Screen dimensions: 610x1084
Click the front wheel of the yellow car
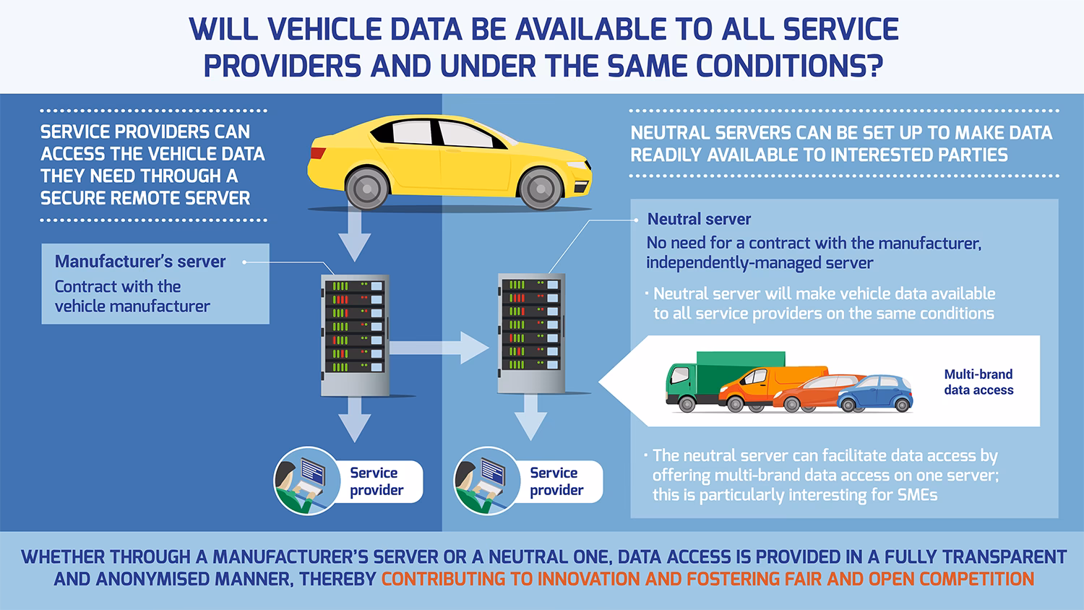point(541,188)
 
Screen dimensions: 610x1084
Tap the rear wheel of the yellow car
point(367,188)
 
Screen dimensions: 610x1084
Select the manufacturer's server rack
point(355,335)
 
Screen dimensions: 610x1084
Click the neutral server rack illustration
point(531,333)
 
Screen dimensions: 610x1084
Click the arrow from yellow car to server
point(354,236)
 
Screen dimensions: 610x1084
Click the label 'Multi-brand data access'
point(978,382)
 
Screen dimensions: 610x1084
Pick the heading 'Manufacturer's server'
point(140,262)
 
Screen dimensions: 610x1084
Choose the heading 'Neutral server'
point(699,219)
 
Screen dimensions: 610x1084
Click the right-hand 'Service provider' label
point(556,481)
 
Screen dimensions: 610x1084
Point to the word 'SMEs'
point(918,495)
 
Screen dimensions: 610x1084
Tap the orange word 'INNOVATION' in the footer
point(588,579)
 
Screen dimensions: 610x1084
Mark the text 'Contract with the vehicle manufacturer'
point(132,296)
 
